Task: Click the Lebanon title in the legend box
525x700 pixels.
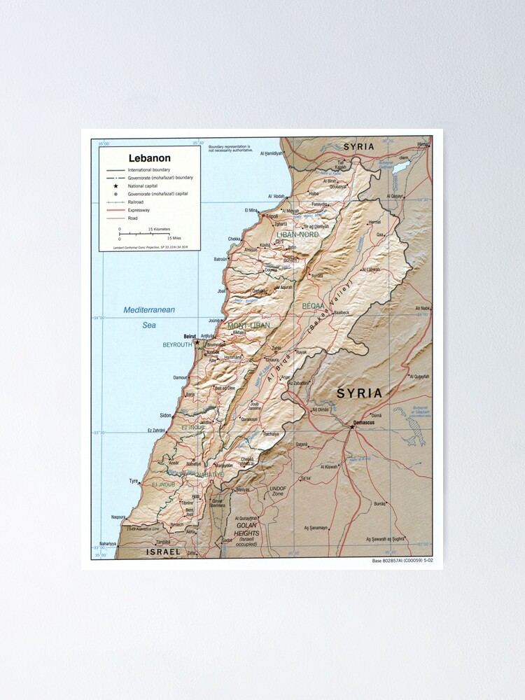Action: [x=149, y=158]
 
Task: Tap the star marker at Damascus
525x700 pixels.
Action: [x=352, y=427]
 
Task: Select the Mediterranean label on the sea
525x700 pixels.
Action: [x=149, y=309]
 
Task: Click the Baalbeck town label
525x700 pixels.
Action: [x=339, y=312]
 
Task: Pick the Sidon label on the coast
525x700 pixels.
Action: [x=165, y=415]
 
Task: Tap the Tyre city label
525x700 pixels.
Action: [x=134, y=481]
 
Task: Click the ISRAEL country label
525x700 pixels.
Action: [x=162, y=552]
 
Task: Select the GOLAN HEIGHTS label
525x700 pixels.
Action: [x=247, y=529]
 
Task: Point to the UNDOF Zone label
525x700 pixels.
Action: [x=278, y=491]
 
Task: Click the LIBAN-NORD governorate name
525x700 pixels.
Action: [x=297, y=234]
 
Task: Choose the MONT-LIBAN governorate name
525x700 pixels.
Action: [x=248, y=325]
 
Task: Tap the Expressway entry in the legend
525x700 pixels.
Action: [x=139, y=210]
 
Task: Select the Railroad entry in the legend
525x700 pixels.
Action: [x=136, y=202]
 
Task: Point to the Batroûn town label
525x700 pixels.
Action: [x=220, y=259]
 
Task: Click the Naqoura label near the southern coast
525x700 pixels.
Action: [x=118, y=517]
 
